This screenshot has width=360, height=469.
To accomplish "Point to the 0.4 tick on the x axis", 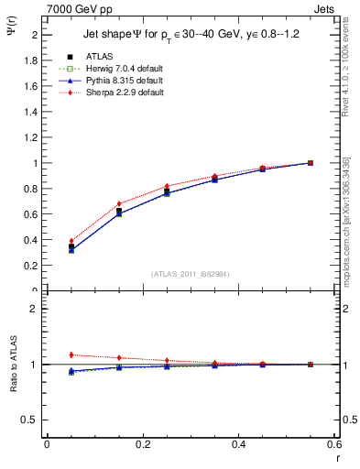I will (237, 443).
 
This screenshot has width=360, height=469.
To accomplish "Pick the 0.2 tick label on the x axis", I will (142, 443).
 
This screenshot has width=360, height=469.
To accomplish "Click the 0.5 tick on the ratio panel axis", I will (32, 420).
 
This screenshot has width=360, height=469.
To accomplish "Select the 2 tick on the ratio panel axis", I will (36, 309).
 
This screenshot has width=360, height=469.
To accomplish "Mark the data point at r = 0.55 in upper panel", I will (311, 163).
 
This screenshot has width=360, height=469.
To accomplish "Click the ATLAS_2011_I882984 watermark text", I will (190, 273).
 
